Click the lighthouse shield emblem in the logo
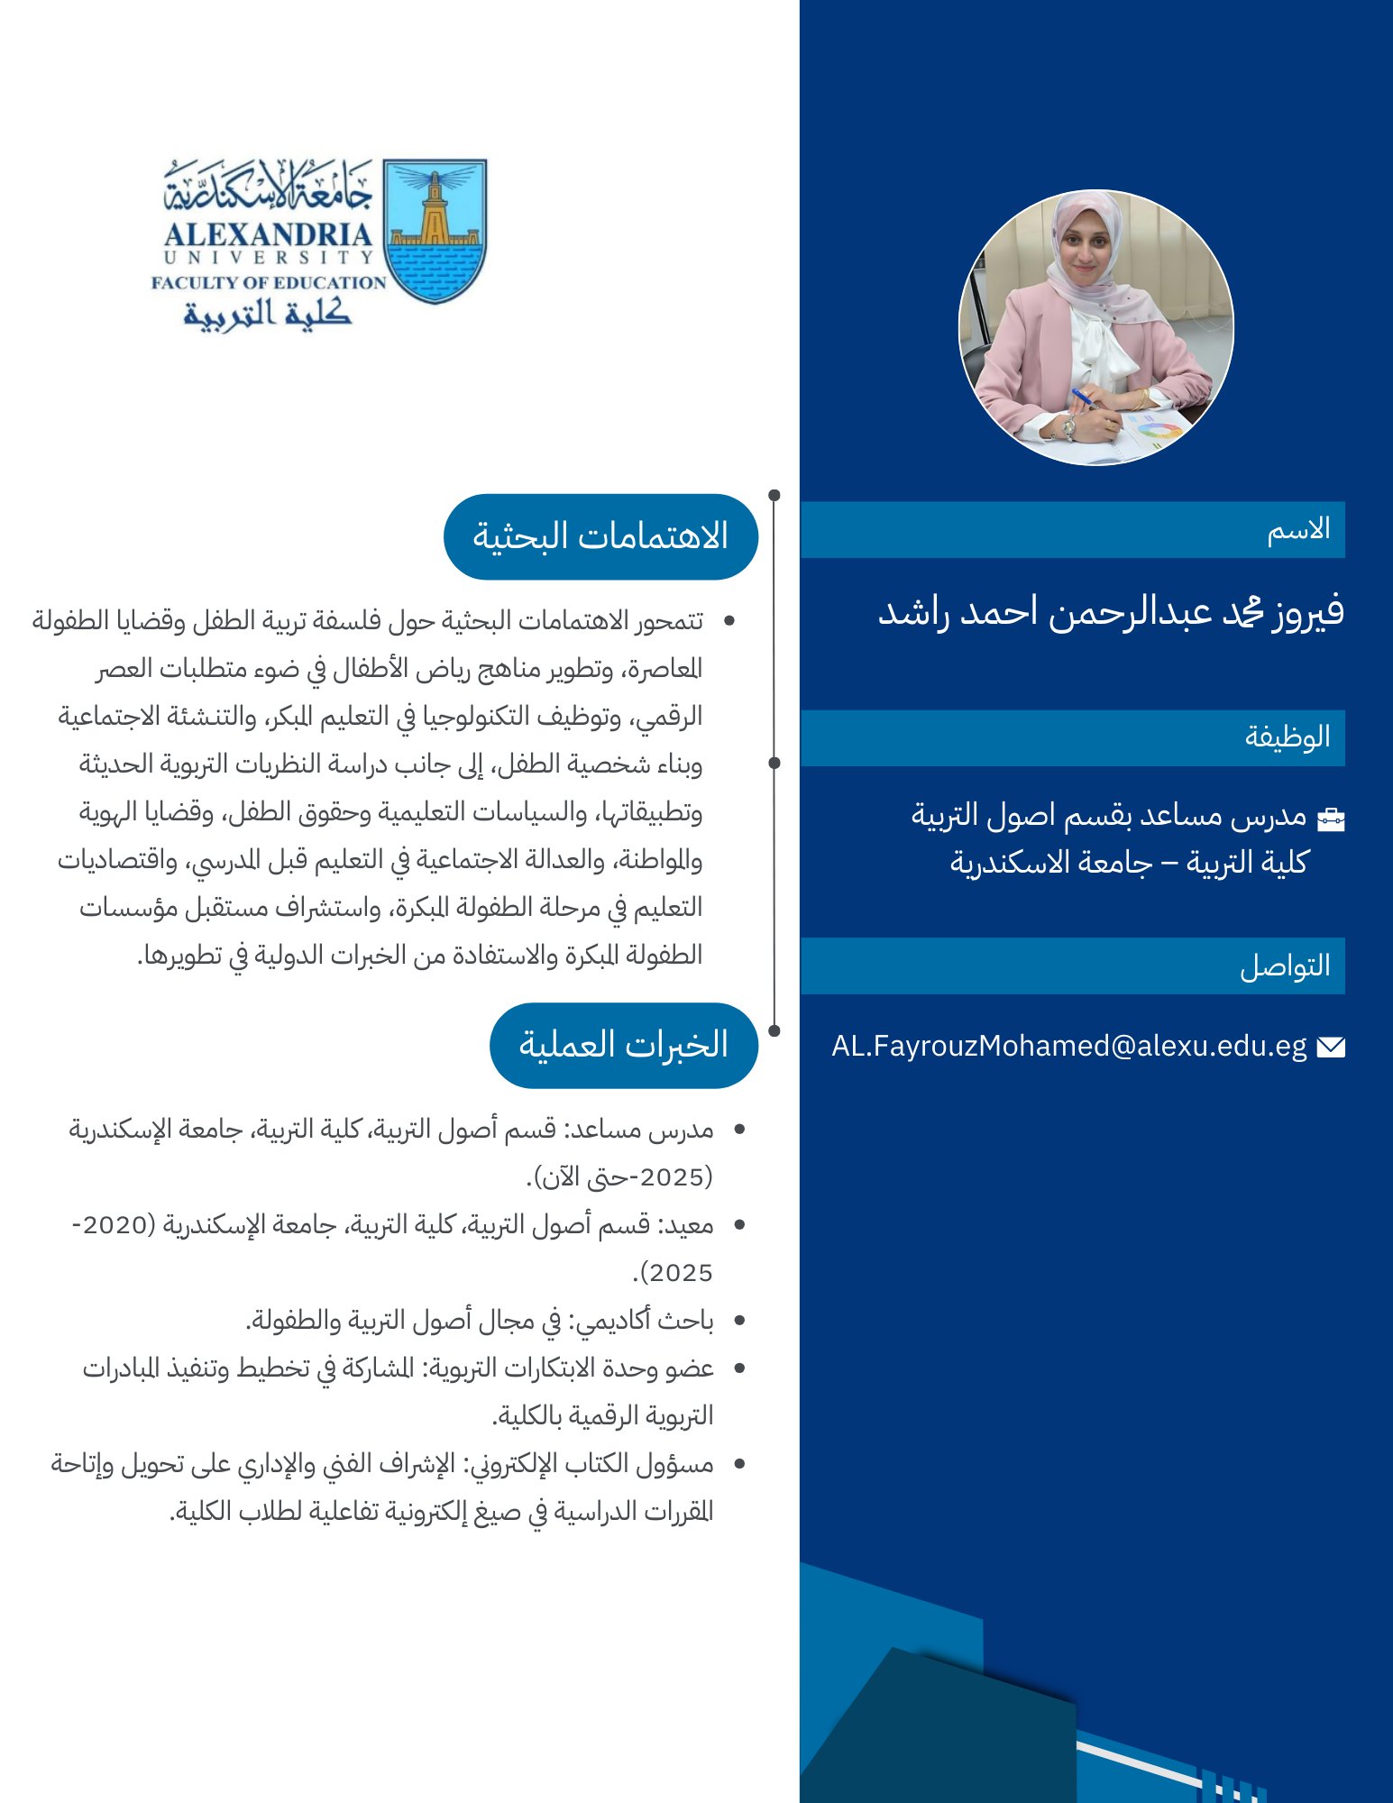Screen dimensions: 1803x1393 point(435,231)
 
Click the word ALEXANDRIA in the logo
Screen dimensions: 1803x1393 point(268,234)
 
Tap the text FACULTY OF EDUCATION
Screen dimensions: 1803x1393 point(268,282)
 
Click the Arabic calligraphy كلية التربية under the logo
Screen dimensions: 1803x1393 point(267,313)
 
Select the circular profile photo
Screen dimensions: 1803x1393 point(1095,327)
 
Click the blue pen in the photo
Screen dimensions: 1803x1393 point(1083,398)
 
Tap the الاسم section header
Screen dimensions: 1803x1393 point(1298,529)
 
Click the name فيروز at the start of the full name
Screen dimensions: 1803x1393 point(1307,612)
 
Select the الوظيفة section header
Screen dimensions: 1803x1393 point(1287,737)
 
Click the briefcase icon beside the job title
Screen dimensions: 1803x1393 point(1331,819)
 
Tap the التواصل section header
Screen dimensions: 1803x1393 point(1285,966)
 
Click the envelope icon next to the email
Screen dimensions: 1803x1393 point(1331,1047)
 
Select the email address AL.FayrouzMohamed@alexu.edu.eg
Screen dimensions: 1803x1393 point(1068,1046)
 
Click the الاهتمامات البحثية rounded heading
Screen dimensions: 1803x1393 point(600,536)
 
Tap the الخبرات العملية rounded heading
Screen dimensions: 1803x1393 point(623,1045)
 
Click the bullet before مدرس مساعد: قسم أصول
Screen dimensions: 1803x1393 point(739,1130)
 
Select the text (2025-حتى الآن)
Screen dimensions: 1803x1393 point(619,1177)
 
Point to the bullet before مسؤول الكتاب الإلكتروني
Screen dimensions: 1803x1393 point(739,1464)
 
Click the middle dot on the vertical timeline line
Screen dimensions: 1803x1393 point(774,763)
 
